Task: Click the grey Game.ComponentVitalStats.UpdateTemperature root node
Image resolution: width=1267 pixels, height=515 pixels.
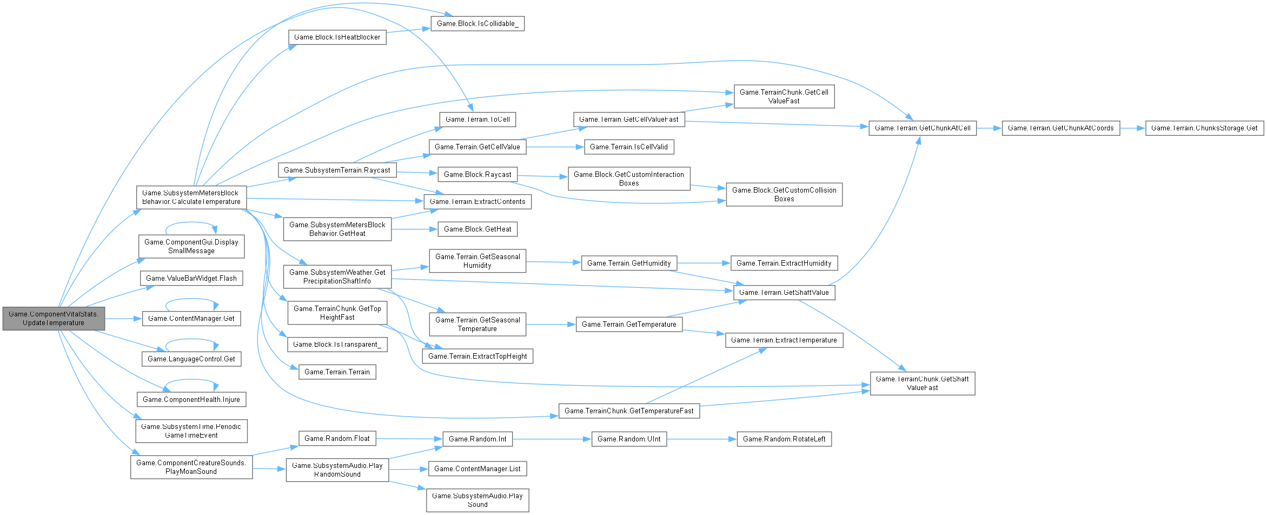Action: [54, 318]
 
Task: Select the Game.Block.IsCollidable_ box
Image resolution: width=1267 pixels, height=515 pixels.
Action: [477, 23]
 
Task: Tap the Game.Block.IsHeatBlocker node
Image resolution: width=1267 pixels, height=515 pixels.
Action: [337, 37]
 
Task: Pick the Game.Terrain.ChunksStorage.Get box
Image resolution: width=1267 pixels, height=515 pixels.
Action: [1204, 128]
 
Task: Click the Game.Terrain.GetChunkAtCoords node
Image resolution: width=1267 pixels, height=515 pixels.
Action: [1060, 128]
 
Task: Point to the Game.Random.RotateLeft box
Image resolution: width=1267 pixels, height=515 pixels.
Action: [784, 439]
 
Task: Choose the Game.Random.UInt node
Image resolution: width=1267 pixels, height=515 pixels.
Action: [629, 439]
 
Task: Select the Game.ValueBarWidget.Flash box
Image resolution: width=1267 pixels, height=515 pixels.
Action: [191, 278]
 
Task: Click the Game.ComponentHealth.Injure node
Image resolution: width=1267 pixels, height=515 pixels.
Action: [191, 399]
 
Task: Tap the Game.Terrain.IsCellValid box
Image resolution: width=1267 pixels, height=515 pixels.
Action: [629, 147]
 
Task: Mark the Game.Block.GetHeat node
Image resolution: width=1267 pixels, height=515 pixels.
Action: [477, 229]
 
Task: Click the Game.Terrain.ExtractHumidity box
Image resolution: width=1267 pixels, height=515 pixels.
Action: [784, 263]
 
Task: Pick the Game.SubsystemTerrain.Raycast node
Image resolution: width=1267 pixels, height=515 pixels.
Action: [337, 170]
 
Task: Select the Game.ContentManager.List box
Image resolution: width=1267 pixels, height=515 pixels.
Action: [477, 468]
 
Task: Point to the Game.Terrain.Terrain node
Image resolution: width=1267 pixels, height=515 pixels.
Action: [337, 372]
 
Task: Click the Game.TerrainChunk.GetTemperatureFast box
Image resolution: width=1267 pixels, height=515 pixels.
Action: [629, 411]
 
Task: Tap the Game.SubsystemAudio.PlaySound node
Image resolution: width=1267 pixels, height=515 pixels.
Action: [477, 500]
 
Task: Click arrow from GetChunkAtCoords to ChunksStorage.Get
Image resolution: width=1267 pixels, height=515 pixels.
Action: [1132, 128]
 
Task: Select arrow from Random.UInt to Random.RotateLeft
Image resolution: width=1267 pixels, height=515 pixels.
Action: [702, 439]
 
